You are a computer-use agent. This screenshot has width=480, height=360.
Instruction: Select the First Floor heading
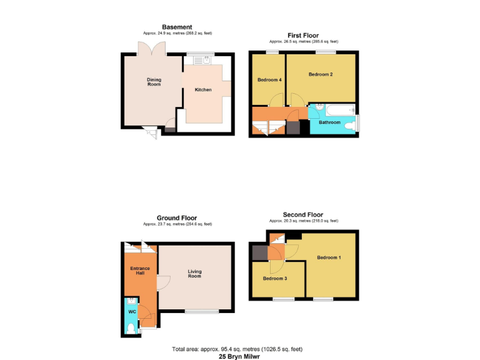303,35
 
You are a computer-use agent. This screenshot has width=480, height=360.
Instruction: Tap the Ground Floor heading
177,218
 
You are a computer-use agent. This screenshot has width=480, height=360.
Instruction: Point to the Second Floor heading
303,214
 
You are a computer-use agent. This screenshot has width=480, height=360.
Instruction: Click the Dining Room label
154,82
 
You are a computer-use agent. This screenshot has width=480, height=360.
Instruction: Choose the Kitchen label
203,90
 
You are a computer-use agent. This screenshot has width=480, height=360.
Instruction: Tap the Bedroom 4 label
269,80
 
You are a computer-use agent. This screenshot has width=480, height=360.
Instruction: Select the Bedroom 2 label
321,74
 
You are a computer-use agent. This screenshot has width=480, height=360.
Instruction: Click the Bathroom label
329,122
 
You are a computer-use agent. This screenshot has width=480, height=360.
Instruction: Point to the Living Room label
195,274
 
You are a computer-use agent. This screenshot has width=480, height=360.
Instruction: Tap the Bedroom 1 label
328,257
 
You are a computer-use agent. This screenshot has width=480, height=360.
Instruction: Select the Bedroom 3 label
274,278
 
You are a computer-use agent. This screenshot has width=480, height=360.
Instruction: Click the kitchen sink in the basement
202,60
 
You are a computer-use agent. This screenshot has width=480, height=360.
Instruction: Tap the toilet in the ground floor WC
131,327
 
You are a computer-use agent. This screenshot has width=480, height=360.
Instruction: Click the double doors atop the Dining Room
152,49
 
